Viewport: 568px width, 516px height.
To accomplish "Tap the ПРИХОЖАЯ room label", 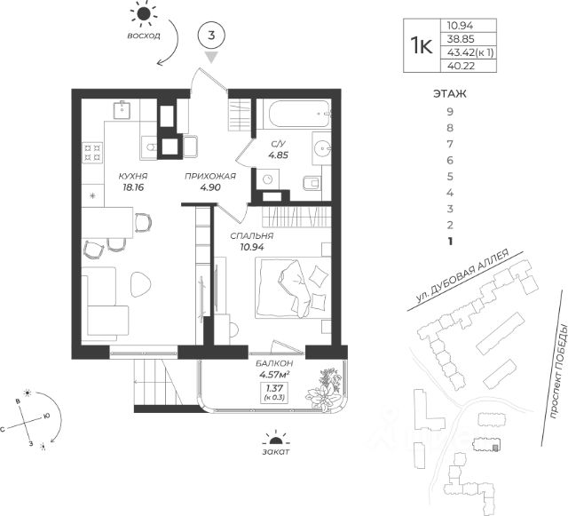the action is [210, 176].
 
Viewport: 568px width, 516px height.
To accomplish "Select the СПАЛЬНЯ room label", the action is [251, 235].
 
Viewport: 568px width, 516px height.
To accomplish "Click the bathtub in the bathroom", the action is [292, 116].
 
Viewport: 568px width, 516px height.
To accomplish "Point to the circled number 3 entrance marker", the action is [211, 36].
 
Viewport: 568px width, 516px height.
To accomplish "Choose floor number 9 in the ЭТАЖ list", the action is [450, 111].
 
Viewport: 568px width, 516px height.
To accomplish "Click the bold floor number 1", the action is [450, 241].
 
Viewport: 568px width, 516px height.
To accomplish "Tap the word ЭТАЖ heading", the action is [450, 92].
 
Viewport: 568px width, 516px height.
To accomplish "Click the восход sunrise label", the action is [143, 37].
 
